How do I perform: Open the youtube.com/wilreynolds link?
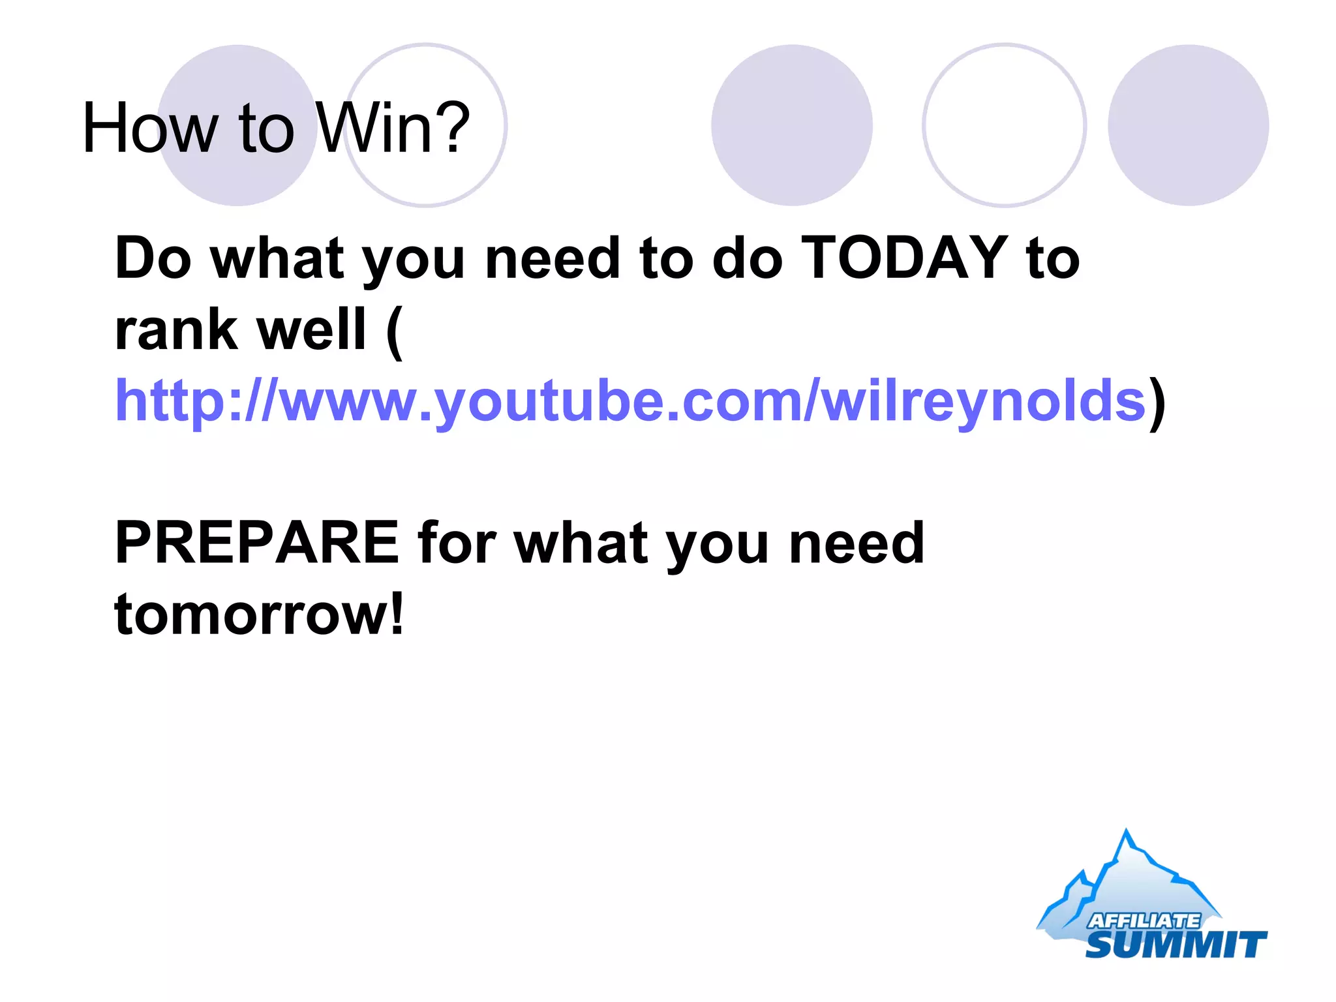630,401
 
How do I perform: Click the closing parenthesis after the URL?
1157,403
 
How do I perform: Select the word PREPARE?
256,543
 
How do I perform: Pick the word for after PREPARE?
457,543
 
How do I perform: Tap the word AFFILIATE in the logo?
1144,920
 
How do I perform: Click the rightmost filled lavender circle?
1188,125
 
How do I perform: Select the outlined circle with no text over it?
1004,125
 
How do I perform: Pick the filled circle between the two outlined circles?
791,125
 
